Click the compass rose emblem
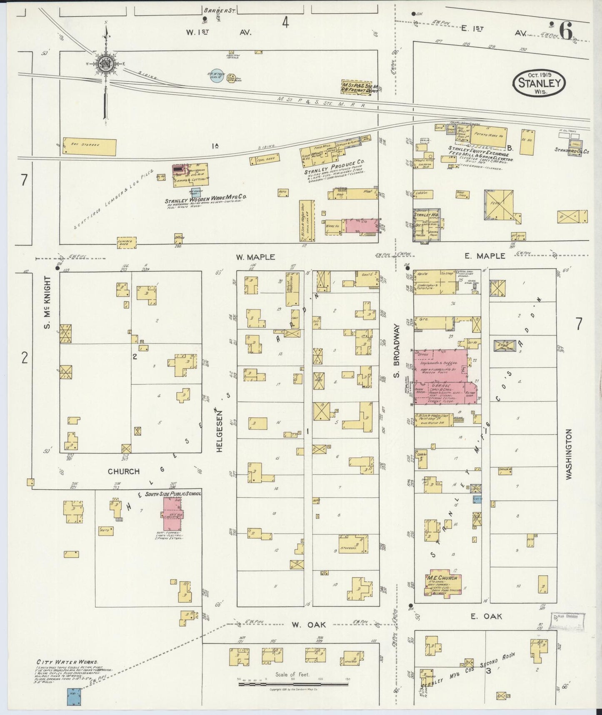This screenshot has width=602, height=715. [x=107, y=63]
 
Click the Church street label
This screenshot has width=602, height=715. [x=123, y=471]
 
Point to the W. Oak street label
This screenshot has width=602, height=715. [x=302, y=624]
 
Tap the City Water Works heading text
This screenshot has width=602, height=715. [x=67, y=662]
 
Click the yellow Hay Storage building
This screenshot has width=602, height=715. [x=89, y=146]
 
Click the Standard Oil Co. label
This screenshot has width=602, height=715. [x=571, y=151]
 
